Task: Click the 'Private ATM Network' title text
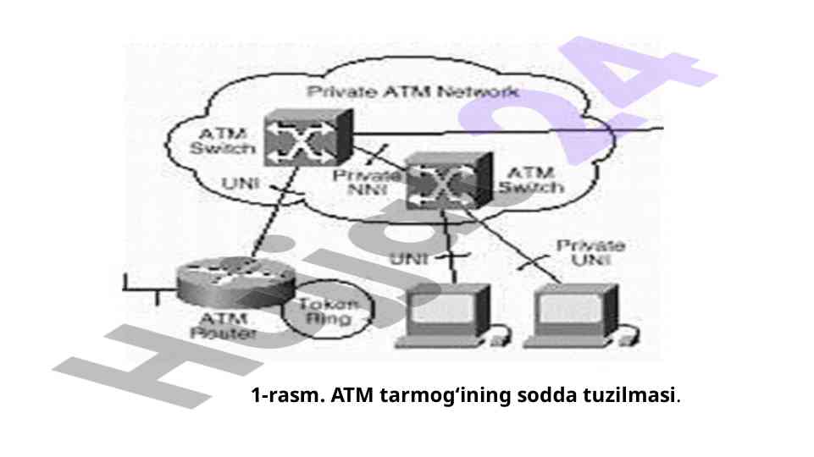coord(413,91)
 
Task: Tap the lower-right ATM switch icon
coord(447,181)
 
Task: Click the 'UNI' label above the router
coord(241,183)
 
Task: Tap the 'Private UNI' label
coord(590,252)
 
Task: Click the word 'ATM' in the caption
coord(355,395)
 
